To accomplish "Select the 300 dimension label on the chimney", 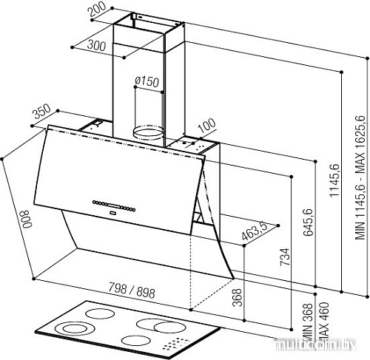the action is tap(97, 45).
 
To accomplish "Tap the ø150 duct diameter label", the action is tap(147, 81).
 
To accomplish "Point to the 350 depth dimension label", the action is tap(42, 112).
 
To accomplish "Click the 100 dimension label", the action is tap(206, 126).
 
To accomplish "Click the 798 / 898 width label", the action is tap(132, 291).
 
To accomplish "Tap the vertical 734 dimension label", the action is tap(285, 257).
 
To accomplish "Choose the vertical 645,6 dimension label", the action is tap(308, 223).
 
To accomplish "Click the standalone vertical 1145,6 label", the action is tap(334, 180).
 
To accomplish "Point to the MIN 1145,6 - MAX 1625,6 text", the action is tap(360, 177).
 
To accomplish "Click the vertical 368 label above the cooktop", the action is tap(237, 297).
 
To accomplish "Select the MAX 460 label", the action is tap(324, 320).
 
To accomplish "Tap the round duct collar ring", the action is tap(148, 132).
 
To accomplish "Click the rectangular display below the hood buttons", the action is tap(112, 212).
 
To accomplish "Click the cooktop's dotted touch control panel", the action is tap(176, 344).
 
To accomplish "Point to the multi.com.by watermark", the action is tap(317, 344).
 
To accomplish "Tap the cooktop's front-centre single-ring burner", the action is tap(136, 341).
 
